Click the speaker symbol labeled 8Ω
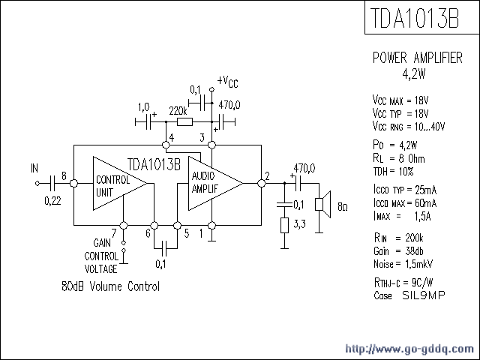point(322,203)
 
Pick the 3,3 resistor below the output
point(284,225)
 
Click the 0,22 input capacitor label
point(52,200)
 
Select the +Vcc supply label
point(228,82)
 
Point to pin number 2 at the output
point(266,177)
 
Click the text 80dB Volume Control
point(110,286)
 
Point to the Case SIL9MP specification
point(409,295)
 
